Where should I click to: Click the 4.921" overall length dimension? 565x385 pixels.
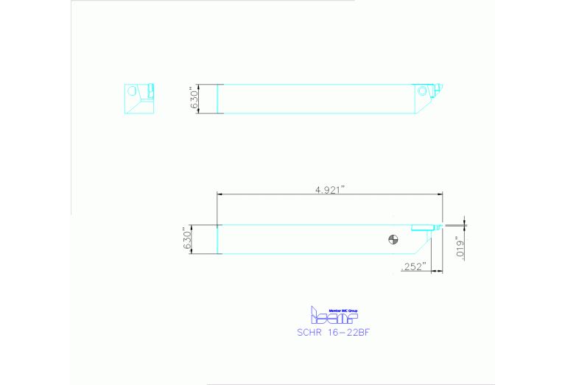pyautogui.click(x=330, y=189)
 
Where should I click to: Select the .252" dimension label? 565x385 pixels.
pyautogui.click(x=414, y=266)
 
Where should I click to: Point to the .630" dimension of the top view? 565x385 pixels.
pyautogui.click(x=194, y=99)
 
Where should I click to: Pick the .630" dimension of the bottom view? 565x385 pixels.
pyautogui.click(x=187, y=239)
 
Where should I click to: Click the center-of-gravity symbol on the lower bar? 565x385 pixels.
pyautogui.click(x=393, y=239)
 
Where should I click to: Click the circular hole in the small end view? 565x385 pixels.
pyautogui.click(x=133, y=92)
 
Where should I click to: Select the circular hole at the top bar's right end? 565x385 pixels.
pyautogui.click(x=423, y=91)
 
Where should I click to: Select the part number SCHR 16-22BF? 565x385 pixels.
pyautogui.click(x=332, y=331)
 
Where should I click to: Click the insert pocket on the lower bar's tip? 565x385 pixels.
pyautogui.click(x=424, y=227)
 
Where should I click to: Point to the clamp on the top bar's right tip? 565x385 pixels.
pyautogui.click(x=438, y=91)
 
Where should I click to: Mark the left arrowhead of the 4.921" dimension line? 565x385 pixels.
pyautogui.click(x=220, y=194)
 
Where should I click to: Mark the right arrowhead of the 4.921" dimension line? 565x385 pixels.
pyautogui.click(x=440, y=194)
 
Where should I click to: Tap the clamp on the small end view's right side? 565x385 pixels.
pyautogui.click(x=152, y=91)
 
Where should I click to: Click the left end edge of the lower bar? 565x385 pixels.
pyautogui.click(x=217, y=239)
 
